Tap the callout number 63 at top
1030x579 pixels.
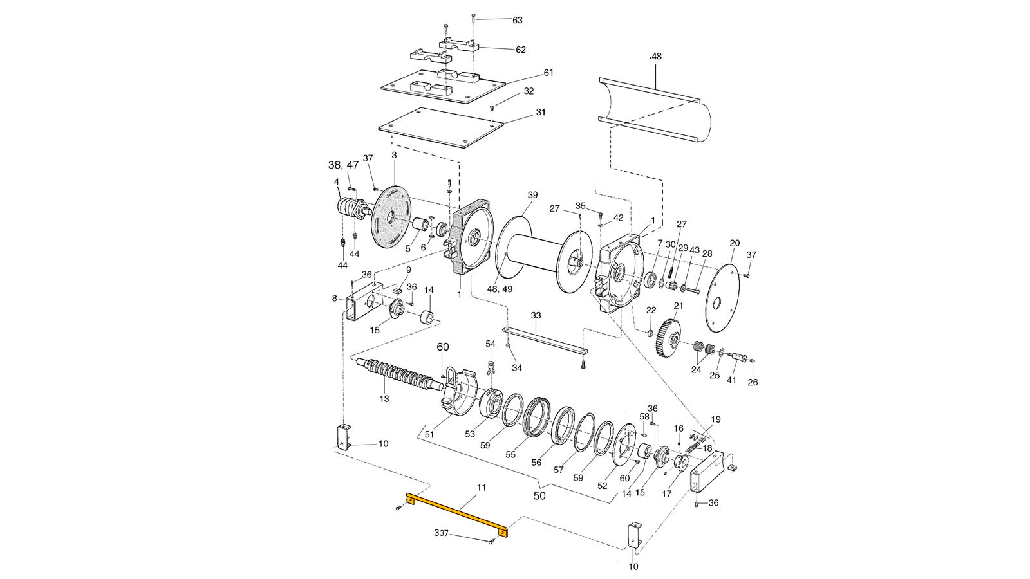pyautogui.click(x=518, y=20)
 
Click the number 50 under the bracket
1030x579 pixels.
pyautogui.click(x=540, y=496)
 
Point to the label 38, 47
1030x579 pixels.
pyautogui.click(x=344, y=165)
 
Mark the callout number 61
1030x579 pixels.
pyautogui.click(x=548, y=73)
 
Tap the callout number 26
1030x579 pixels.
pyautogui.click(x=753, y=382)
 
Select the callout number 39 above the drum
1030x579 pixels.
pyautogui.click(x=532, y=195)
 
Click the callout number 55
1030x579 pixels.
pyautogui.click(x=510, y=454)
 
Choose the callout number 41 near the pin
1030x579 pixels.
pyautogui.click(x=731, y=380)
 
